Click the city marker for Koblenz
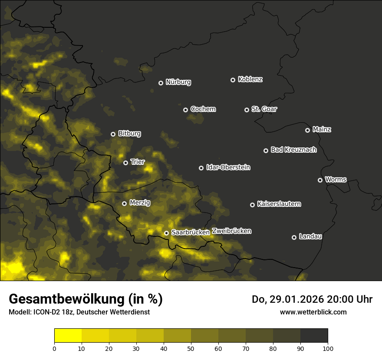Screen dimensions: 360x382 [x=233, y=80]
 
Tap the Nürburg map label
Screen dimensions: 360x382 [x=178, y=82]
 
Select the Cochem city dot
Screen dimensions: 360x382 [x=185, y=110]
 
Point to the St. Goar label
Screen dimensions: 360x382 [x=264, y=109]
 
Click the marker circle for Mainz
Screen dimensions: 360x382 [x=307, y=130]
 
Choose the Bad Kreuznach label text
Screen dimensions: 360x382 [x=293, y=150]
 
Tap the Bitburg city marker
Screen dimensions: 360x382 [x=113, y=134]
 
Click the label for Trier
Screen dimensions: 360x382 [x=138, y=162]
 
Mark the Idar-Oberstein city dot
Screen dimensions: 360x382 [x=201, y=168]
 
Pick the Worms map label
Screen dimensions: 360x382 [x=336, y=179]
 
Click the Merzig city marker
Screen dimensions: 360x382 [x=124, y=203]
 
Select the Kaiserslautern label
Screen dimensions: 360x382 [x=279, y=204]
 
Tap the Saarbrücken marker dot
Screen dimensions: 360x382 [x=166, y=233]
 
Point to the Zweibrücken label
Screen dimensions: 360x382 [x=232, y=231]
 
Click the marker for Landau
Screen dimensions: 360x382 [x=294, y=237]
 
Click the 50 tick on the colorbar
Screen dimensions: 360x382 [x=191, y=348]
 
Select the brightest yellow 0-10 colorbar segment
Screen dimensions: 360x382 [x=68, y=336]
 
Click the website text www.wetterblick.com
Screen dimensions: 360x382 [x=313, y=312]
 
